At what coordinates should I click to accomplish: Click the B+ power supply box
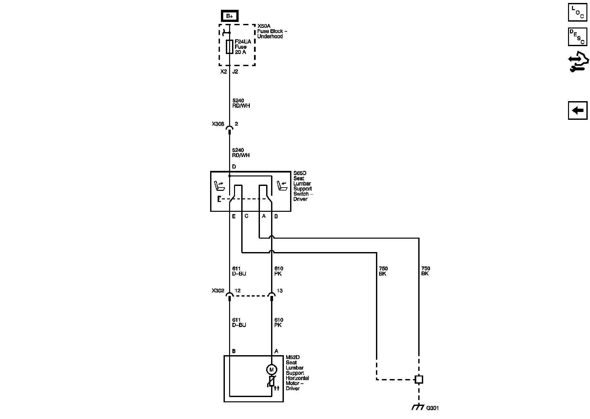229,16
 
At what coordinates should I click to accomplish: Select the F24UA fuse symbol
229,47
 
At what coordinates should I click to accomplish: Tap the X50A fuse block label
264,26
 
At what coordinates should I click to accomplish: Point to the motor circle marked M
271,370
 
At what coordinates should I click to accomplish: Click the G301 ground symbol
417,407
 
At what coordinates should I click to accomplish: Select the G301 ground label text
432,408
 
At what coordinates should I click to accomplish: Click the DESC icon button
577,36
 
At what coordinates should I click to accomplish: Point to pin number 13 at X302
279,291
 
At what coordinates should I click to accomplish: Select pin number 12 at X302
238,291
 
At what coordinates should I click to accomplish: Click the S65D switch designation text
300,173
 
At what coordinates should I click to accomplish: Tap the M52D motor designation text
293,357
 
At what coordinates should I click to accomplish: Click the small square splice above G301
419,379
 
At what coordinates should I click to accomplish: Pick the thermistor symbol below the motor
272,381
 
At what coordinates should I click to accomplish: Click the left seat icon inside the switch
219,186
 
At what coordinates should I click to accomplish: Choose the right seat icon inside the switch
282,186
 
